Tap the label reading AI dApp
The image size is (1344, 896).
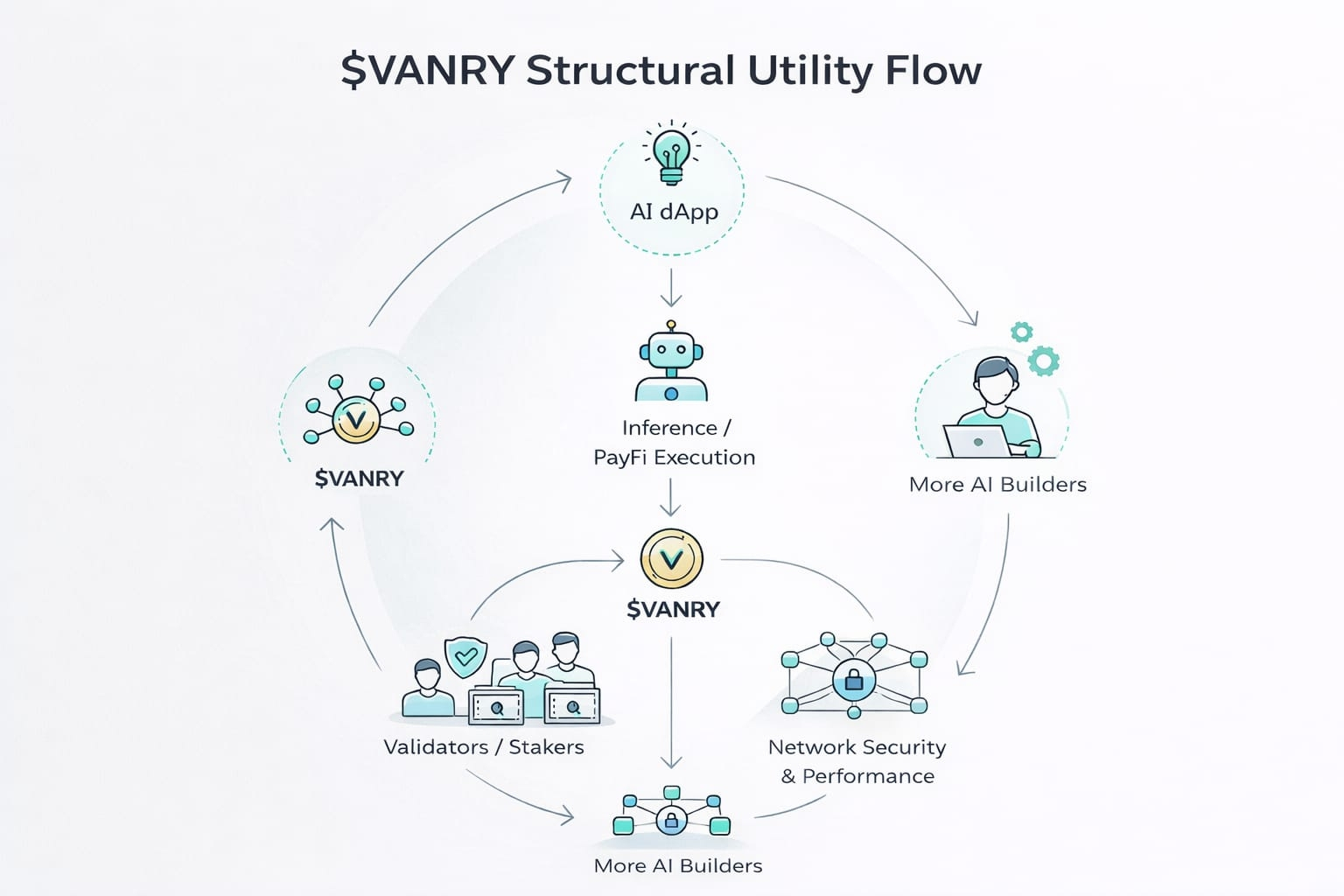tap(673, 212)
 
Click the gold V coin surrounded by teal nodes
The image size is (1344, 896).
tap(355, 419)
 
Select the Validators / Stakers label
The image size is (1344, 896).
tap(483, 747)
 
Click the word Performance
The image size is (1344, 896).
tap(868, 776)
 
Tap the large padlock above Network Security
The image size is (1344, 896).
tap(854, 679)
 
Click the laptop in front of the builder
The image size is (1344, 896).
tap(976, 442)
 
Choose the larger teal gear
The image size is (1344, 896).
tap(1043, 360)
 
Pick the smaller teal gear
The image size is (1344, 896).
tap(1021, 332)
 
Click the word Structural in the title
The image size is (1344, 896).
tap(630, 70)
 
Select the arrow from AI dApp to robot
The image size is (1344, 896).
tap(671, 288)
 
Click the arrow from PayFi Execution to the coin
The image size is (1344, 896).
tap(670, 498)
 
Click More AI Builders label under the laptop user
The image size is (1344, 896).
tap(997, 485)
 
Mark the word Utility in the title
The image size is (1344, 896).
tap(810, 70)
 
